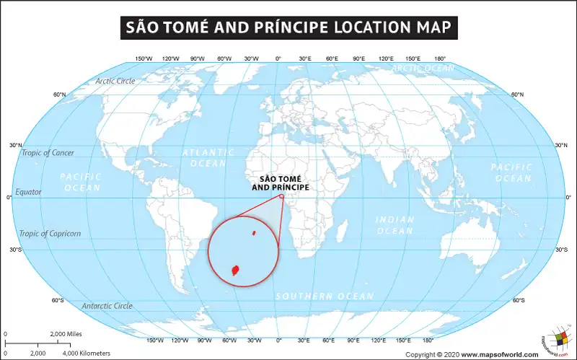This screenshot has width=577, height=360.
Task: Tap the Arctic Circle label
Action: [115, 81]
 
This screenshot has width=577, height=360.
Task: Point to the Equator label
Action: [28, 192]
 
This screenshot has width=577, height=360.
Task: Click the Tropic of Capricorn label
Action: [50, 233]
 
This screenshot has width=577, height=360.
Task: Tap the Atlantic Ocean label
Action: [208, 158]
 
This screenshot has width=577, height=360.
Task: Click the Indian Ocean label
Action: [395, 225]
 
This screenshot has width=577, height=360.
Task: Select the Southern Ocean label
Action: [325, 296]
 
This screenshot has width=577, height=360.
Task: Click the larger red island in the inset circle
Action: [235, 271]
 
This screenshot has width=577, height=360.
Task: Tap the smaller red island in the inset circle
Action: [254, 233]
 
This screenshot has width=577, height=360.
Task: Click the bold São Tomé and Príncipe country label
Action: [280, 183]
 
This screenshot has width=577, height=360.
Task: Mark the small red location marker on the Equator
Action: [281, 196]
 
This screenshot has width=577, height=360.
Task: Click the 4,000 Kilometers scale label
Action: [85, 353]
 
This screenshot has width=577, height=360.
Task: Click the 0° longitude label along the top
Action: [278, 58]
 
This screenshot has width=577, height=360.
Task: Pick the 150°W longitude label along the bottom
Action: [154, 340]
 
